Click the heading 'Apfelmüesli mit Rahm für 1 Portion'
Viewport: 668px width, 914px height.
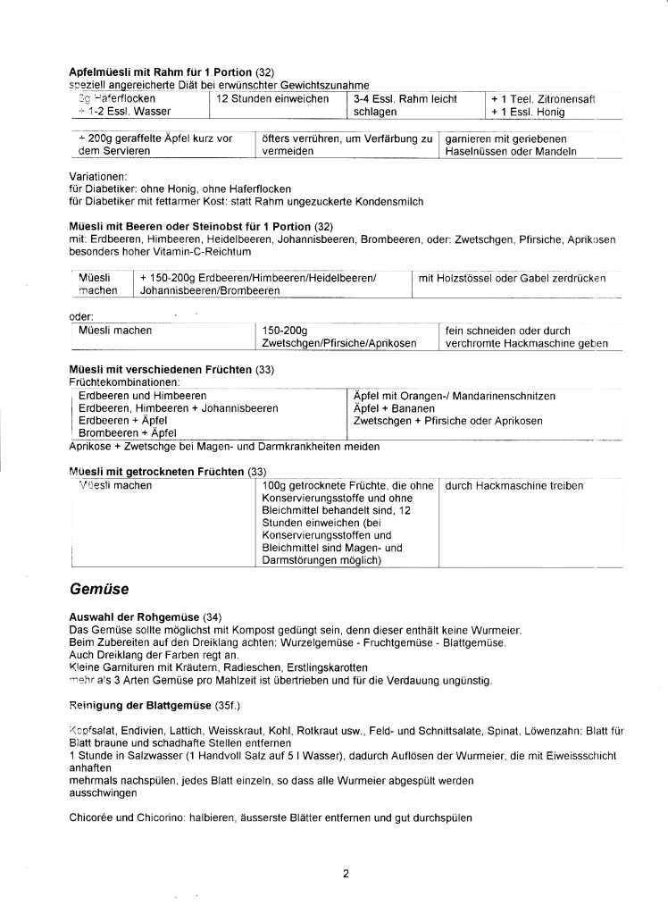click(161, 71)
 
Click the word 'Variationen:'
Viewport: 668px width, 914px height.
click(98, 177)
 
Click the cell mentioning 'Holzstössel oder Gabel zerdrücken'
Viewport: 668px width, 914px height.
click(512, 279)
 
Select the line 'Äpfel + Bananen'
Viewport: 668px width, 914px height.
click(389, 407)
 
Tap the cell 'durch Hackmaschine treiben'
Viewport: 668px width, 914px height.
click(514, 486)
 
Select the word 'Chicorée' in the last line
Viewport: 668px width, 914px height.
click(93, 817)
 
